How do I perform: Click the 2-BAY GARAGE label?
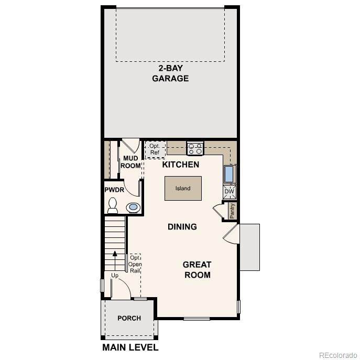click(170, 73)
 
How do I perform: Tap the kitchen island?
click(183, 188)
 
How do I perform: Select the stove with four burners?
click(195, 148)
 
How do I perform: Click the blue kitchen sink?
click(230, 174)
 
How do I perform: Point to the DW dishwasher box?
click(230, 191)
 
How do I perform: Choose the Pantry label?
click(232, 211)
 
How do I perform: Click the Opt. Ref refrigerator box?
click(155, 149)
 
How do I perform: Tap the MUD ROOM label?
click(130, 162)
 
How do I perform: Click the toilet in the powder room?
click(113, 205)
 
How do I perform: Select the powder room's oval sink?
click(133, 208)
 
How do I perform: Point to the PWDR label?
click(114, 190)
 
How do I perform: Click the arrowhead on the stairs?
click(115, 254)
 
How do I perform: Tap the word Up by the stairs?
click(115, 275)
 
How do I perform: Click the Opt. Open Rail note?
click(135, 264)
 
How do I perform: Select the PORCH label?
click(129, 318)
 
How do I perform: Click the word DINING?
click(182, 227)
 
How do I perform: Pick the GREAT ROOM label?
click(197, 270)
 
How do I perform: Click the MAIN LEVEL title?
click(130, 347)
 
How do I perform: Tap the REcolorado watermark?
click(338, 355)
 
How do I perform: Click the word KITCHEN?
click(181, 165)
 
